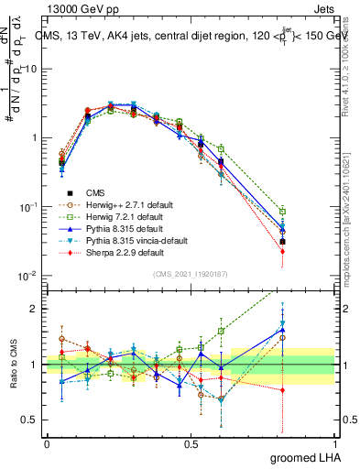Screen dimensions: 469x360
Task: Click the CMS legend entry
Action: point(96,192)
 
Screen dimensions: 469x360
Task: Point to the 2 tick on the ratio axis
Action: point(35,309)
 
